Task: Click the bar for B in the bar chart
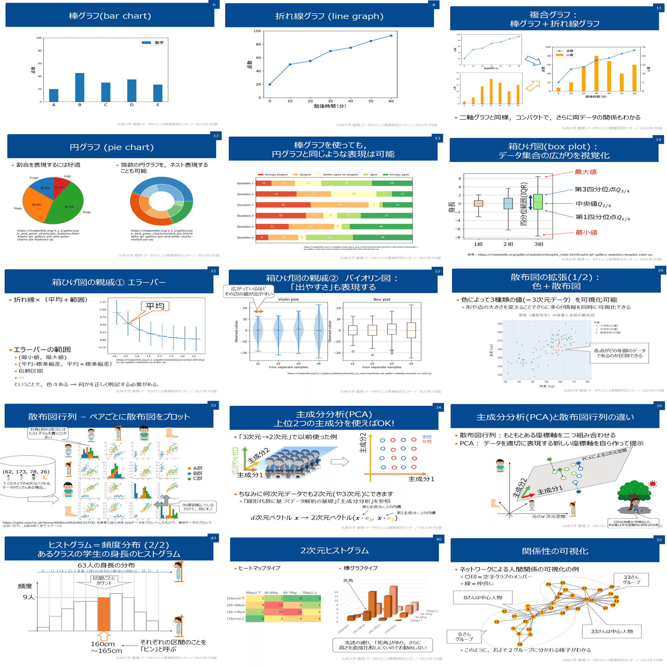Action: (x=79, y=87)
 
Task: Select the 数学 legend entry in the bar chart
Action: (x=153, y=42)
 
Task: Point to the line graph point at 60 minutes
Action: (x=391, y=36)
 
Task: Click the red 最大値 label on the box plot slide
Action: (x=585, y=172)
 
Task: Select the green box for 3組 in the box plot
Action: (x=538, y=201)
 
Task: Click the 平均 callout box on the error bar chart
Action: (x=155, y=306)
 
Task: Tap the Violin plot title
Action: (x=288, y=299)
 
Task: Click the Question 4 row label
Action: (x=245, y=216)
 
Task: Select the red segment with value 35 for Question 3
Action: (x=283, y=205)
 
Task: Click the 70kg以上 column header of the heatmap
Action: (x=309, y=592)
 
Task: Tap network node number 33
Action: (x=586, y=599)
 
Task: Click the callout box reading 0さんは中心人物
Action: (x=483, y=597)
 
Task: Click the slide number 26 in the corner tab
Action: (x=660, y=270)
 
